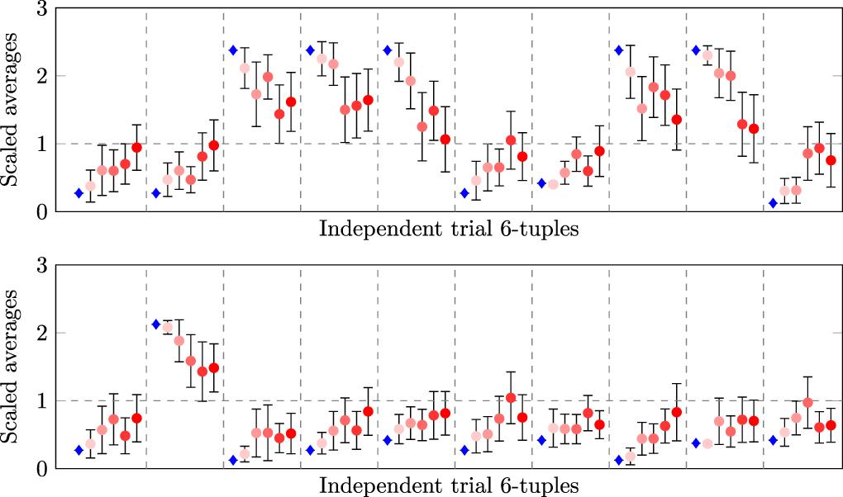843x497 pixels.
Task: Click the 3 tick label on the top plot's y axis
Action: pos(40,10)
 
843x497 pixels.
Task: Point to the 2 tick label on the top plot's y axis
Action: pos(40,76)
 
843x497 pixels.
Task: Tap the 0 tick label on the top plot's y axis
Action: pos(40,212)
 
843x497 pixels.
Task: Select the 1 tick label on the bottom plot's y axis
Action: pos(40,400)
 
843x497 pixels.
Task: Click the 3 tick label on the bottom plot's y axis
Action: pos(40,266)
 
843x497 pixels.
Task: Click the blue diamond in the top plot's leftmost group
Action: pos(79,193)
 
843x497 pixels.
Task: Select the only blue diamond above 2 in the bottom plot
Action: pos(156,324)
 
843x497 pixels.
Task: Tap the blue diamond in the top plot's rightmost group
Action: pos(773,203)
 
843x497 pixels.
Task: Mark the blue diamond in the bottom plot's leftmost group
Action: pos(79,450)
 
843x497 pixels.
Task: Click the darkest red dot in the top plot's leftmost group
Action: pos(137,148)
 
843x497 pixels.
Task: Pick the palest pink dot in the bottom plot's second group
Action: pos(168,328)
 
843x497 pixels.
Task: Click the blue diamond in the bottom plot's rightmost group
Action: pos(773,440)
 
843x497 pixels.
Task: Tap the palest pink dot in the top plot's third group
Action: pos(245,68)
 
